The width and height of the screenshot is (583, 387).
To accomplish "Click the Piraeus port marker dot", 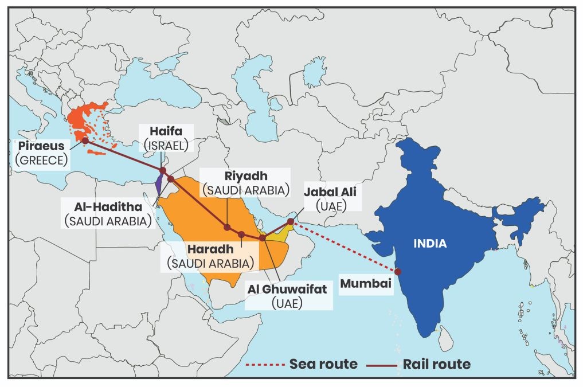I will [x=85, y=140].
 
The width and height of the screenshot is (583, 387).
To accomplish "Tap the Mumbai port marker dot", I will [x=397, y=272].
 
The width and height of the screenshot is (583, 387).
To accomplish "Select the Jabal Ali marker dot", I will [x=292, y=221].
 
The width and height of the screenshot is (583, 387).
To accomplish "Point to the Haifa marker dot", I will [x=163, y=171].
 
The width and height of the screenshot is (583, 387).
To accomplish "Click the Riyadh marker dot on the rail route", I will [x=228, y=228].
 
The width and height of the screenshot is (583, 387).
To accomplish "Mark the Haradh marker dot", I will [x=241, y=234].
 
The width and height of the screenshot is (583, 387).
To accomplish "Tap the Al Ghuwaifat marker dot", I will [x=263, y=237].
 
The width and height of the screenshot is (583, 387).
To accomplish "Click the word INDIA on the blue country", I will [x=431, y=244].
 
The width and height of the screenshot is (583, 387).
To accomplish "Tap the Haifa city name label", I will [x=162, y=131].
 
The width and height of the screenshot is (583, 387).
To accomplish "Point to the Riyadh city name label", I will [x=244, y=175].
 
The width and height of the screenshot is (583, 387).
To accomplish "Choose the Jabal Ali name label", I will [x=330, y=192].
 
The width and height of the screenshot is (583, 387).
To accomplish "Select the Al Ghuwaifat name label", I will [x=286, y=289].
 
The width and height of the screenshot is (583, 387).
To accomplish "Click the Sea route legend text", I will [x=323, y=364].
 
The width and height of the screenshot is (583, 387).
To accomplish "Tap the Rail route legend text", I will [x=436, y=364].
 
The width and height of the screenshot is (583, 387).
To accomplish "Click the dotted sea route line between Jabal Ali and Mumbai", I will [x=344, y=247].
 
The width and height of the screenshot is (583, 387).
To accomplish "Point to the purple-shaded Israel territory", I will [x=158, y=185].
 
